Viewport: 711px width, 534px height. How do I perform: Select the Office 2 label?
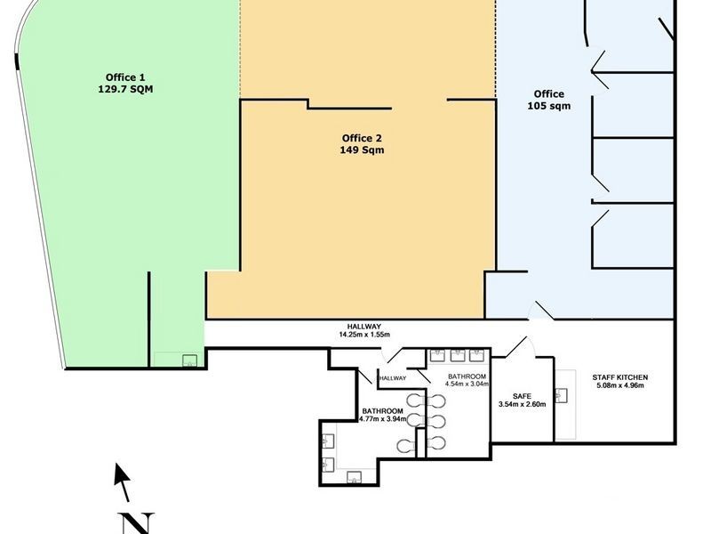[x=362, y=138]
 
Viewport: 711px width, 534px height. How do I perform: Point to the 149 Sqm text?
[x=362, y=150]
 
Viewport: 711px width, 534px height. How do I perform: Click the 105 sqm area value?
[x=548, y=106]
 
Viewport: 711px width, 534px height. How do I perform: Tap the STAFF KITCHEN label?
[x=619, y=377]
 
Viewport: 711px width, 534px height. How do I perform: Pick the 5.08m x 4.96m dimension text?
[x=619, y=386]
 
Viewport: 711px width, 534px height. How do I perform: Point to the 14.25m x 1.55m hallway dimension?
[x=365, y=336]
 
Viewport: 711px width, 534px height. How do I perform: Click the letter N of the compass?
[x=137, y=522]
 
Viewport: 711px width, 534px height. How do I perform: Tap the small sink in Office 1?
[x=188, y=360]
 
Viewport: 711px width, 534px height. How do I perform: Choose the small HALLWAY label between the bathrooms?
[x=392, y=378]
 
